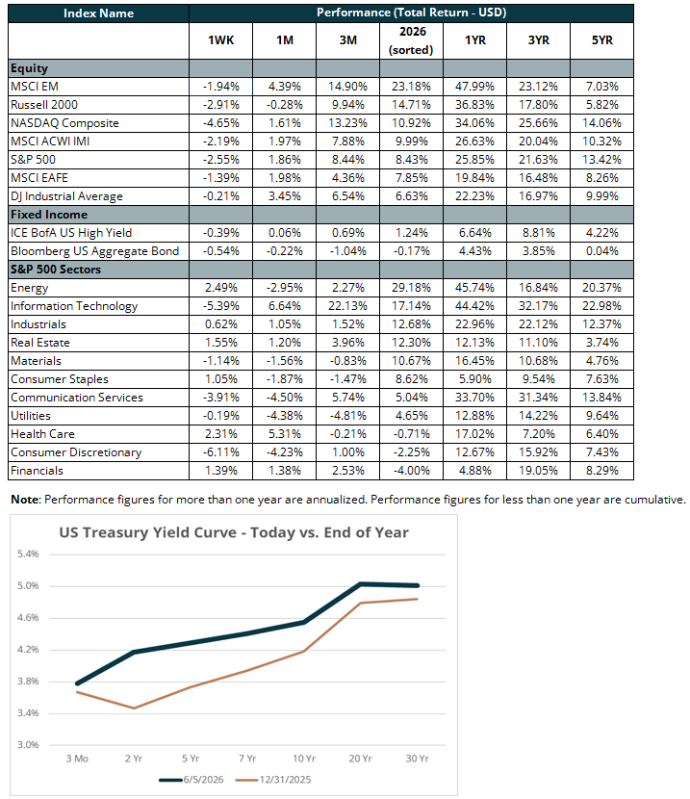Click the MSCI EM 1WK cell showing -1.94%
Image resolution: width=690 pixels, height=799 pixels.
221,87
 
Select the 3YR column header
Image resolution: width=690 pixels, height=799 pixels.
538,40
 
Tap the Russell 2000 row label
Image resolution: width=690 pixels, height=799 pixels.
44,105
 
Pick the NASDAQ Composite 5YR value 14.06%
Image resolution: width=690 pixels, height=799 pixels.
601,123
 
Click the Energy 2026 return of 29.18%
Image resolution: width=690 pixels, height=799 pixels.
411,288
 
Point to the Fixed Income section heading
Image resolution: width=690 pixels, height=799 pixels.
49,215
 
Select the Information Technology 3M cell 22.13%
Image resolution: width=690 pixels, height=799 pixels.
347,306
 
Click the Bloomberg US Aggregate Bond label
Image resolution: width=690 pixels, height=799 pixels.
94,251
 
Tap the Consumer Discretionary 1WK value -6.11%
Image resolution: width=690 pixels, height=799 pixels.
221,452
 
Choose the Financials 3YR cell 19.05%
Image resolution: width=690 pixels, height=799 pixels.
538,471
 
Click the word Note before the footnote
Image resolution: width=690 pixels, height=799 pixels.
25,500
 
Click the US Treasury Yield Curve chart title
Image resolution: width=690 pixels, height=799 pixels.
234,532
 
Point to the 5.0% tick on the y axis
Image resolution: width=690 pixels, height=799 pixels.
28,586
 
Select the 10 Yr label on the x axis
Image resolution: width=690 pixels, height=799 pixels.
304,759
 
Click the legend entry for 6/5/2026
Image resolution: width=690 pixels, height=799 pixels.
192,780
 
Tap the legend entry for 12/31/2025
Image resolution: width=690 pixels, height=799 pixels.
273,780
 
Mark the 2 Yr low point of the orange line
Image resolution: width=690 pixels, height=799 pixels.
134,708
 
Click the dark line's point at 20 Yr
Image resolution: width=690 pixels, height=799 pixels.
361,584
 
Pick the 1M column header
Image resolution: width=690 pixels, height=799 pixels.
285,40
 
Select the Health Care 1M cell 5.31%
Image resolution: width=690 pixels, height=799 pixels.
285,434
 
